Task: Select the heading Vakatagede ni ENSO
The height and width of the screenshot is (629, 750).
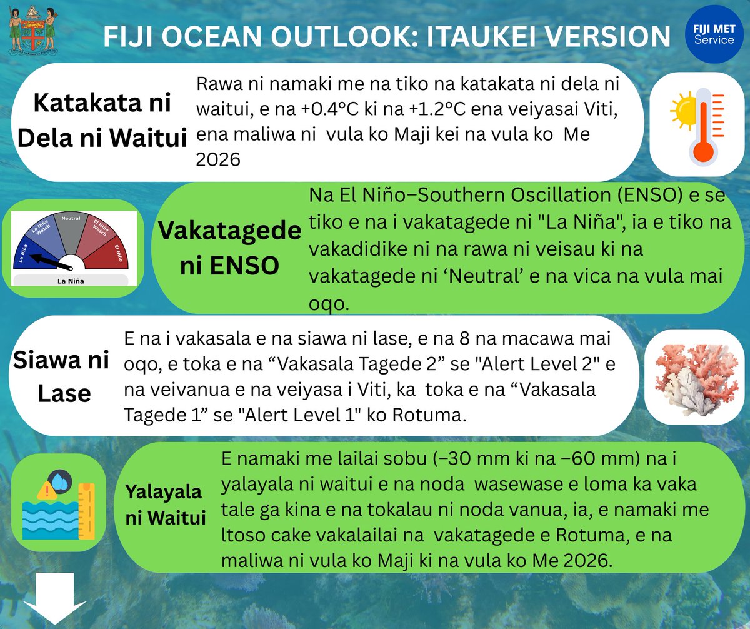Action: (229, 248)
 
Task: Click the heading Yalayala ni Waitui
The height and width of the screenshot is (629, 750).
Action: (165, 505)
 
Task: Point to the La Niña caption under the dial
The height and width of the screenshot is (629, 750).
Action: (70, 281)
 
